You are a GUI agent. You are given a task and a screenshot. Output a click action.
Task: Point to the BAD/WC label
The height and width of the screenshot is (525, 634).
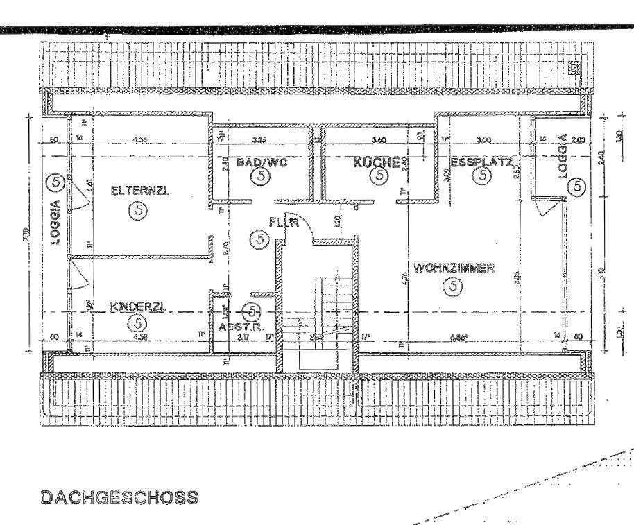[261, 163]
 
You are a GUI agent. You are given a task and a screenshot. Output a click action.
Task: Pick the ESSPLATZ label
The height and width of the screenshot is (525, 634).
[482, 164]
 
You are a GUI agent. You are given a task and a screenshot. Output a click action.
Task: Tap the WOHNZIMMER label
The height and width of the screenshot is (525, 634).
[453, 268]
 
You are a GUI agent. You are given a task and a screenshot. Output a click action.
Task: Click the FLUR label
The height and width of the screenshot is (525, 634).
[284, 223]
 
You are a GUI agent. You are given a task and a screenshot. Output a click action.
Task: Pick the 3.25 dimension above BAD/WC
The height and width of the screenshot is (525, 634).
[261, 140]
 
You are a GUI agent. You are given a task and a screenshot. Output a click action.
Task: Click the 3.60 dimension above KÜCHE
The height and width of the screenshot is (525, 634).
[379, 140]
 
